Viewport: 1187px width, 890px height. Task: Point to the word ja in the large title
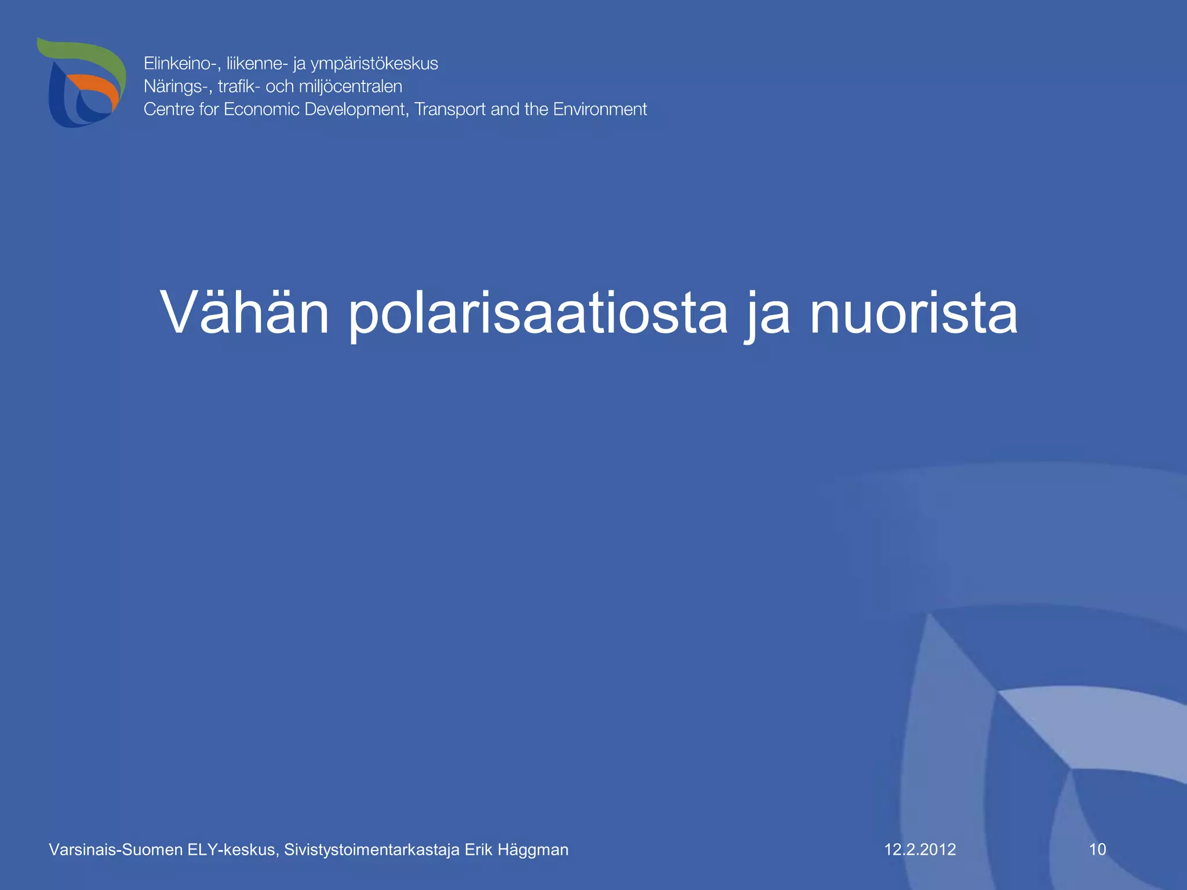[767, 316]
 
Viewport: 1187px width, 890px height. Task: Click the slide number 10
[1097, 849]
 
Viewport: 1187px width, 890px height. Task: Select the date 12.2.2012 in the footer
[920, 849]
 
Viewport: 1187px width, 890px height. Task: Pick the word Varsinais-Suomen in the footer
[115, 849]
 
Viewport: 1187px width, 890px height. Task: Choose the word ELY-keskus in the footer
[233, 849]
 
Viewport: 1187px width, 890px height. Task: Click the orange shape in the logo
[96, 87]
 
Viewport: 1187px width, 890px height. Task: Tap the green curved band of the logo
[87, 52]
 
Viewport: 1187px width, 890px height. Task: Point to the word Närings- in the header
[178, 86]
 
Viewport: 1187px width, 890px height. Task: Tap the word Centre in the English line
[169, 109]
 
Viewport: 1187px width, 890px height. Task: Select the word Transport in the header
[450, 110]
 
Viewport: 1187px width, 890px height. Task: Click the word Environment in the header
[600, 109]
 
